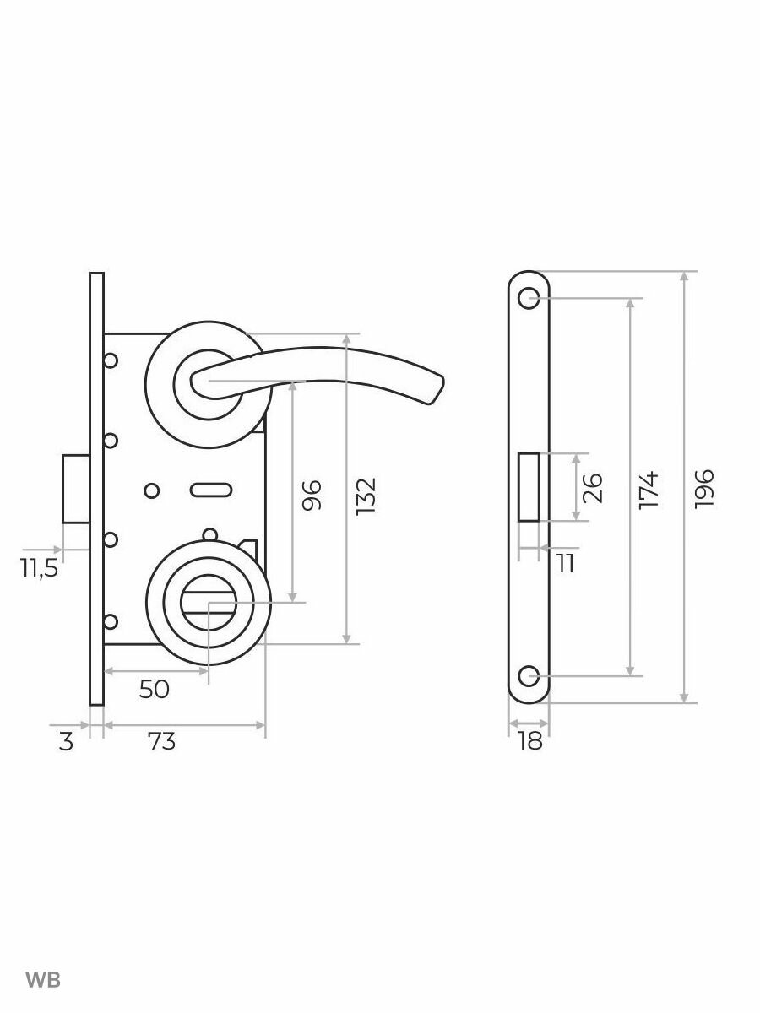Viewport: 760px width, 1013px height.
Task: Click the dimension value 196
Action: point(704,489)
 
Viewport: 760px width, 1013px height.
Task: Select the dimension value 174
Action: point(649,490)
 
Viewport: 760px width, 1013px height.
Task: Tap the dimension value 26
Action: point(593,488)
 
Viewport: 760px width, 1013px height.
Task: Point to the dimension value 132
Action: point(366,496)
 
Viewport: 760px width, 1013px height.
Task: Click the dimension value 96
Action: point(311,496)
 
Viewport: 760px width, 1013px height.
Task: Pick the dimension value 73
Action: point(161,742)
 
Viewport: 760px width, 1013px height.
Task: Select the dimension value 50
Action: point(155,690)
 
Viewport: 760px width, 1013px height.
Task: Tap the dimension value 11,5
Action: point(39,569)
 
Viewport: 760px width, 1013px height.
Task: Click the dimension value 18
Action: point(529,742)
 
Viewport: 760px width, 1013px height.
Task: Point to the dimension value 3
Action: point(66,742)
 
